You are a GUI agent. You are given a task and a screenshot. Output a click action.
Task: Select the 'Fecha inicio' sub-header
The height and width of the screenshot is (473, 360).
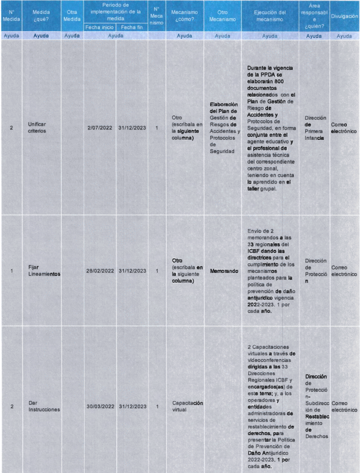point(100,27)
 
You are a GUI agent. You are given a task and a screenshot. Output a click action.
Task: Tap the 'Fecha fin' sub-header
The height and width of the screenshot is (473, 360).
point(132,27)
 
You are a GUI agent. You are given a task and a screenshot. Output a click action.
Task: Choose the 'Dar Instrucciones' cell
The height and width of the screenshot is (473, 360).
point(41,406)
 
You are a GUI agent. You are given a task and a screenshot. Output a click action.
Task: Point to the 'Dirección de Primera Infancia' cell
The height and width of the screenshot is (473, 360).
point(314,127)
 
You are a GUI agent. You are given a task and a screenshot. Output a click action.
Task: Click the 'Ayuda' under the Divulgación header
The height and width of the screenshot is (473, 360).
point(344,36)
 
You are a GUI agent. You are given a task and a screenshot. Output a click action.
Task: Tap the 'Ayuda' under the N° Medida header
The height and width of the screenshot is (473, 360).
point(12,36)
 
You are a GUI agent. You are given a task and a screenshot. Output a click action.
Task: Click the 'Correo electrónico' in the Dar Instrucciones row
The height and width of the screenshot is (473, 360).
point(344,406)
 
